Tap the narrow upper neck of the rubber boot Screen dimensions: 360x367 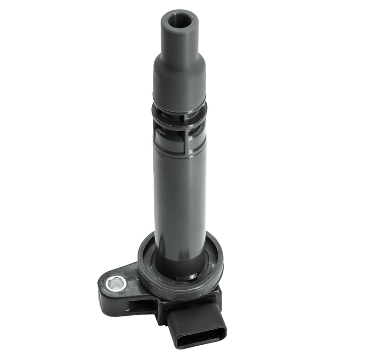179,39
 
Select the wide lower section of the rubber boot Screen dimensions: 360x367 179,87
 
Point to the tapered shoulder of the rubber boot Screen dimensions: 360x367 179,60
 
